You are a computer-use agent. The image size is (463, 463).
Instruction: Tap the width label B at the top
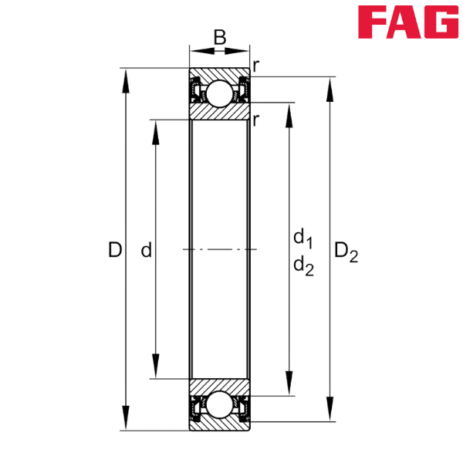(x=220, y=36)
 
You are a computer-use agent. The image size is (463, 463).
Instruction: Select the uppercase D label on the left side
(x=114, y=249)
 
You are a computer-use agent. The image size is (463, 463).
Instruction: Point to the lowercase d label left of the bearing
(x=145, y=250)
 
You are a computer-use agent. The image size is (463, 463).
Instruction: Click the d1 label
(x=302, y=237)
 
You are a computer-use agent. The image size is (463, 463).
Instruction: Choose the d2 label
(x=302, y=266)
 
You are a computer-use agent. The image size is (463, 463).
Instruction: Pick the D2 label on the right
(x=345, y=251)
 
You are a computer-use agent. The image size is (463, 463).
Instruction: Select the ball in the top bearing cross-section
(x=219, y=93)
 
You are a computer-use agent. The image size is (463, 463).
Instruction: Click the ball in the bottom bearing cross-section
(x=219, y=405)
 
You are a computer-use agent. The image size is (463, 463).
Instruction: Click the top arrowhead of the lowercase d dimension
(x=155, y=132)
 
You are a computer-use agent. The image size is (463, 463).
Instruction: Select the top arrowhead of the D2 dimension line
(x=330, y=90)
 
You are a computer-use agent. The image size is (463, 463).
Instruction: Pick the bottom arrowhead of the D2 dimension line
(x=330, y=408)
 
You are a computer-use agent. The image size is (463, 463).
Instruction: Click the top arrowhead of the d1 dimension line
(x=289, y=115)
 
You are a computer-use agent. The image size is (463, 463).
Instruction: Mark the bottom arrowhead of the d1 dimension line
(x=289, y=384)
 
